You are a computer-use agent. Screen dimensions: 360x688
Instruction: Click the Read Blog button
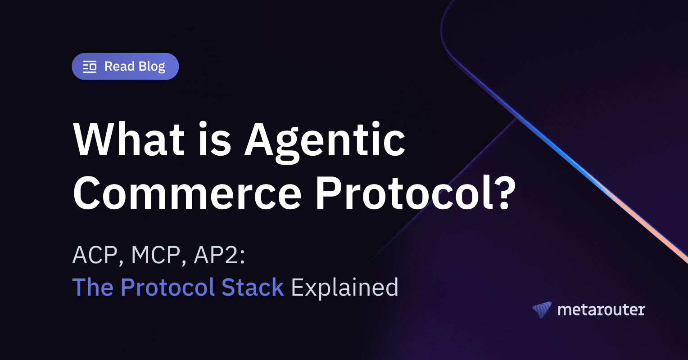click(125, 67)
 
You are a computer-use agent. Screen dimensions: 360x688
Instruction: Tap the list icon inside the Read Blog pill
click(90, 67)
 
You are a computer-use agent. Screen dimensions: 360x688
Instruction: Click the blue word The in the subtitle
click(93, 287)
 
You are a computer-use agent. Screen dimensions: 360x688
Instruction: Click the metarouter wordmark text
click(601, 310)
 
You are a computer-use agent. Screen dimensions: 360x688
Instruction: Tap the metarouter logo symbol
click(542, 310)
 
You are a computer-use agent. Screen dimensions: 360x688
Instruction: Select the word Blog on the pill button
click(152, 67)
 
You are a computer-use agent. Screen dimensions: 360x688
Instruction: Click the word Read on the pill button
click(119, 67)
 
